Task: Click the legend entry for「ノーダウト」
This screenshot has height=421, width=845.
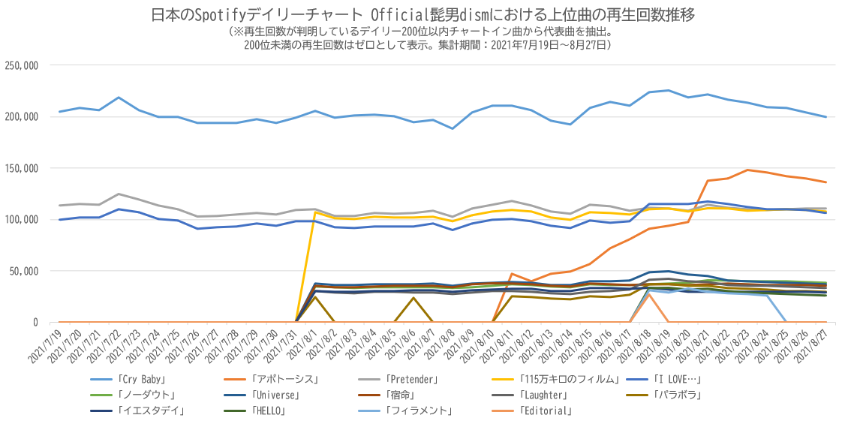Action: click(x=146, y=395)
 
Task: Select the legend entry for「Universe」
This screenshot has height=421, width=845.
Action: click(x=276, y=395)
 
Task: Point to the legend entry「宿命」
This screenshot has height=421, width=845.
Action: click(x=400, y=395)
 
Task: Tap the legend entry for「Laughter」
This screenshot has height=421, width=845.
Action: click(x=541, y=395)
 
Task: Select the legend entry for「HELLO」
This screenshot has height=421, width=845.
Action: click(x=268, y=410)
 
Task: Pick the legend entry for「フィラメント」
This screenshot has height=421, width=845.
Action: click(x=419, y=410)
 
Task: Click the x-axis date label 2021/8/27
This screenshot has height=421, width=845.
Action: click(x=814, y=346)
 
